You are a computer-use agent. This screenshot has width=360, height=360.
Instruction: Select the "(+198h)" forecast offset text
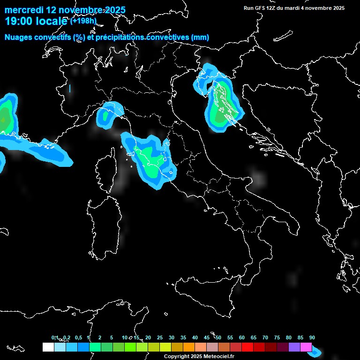coord(83,21)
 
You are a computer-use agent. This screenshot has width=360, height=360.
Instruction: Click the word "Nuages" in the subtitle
coord(19,37)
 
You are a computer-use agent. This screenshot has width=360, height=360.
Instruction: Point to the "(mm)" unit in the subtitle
coord(199,37)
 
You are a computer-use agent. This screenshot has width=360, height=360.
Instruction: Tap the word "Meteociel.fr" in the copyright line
coord(219,356)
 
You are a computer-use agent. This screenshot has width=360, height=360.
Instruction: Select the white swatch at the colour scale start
coord(48,347)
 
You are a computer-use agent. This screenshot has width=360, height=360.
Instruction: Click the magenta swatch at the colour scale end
coord(306,347)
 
